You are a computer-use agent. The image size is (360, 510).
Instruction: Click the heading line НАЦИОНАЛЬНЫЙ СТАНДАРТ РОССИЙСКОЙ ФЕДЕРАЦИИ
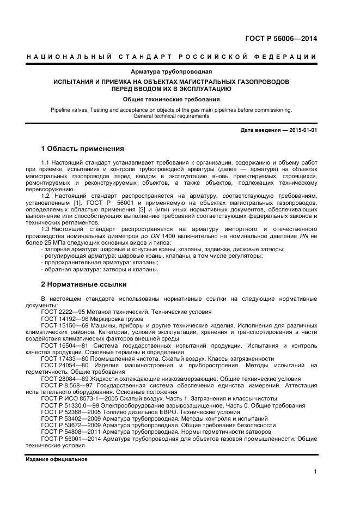coord(172,57)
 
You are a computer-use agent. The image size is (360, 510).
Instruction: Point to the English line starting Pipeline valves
coord(172,110)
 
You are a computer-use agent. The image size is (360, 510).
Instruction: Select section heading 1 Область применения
coord(83,149)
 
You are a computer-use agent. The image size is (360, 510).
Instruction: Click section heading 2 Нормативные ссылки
coord(84,284)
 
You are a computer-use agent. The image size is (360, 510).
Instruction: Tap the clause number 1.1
coord(46,163)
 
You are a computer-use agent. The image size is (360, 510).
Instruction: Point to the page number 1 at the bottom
coord(315,472)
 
